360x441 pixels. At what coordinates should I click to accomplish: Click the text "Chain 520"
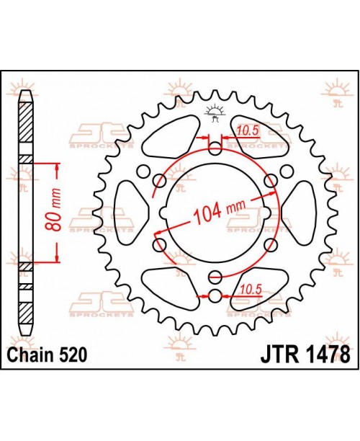point(47,355)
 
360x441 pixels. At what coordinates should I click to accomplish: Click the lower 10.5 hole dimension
point(248,289)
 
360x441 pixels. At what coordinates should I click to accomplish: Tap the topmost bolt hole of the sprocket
point(215,148)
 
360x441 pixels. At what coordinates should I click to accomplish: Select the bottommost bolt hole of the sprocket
point(215,295)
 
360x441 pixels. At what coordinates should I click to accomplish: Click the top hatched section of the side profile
point(25,122)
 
